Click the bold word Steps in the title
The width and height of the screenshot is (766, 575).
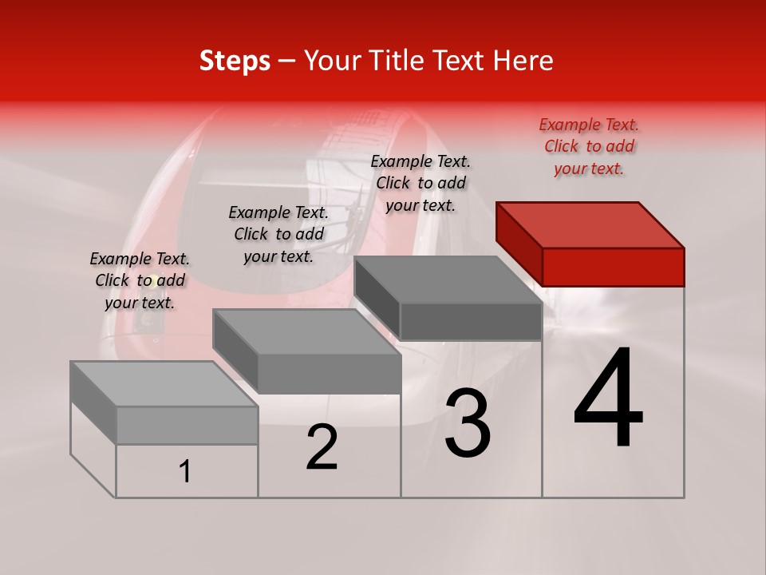(235, 61)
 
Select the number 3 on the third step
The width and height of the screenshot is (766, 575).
(468, 424)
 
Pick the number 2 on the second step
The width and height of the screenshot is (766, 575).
(322, 448)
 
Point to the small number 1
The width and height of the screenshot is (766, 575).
(185, 472)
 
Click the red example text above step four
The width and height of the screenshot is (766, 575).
(589, 146)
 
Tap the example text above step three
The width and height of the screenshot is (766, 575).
(421, 183)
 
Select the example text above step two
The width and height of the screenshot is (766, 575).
(278, 234)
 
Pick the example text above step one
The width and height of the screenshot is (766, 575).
(140, 280)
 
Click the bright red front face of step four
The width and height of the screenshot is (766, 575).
(613, 267)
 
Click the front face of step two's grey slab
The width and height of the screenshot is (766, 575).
(329, 374)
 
